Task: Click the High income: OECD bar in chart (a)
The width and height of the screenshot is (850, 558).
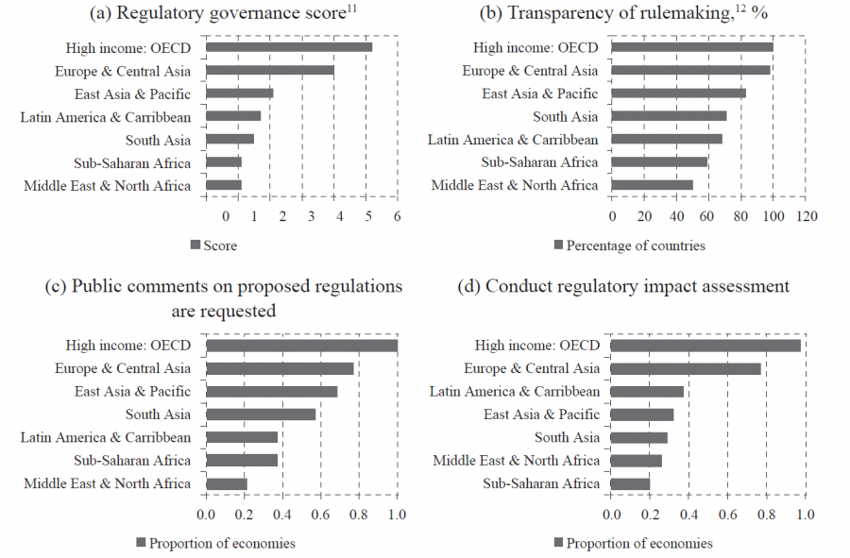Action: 288,47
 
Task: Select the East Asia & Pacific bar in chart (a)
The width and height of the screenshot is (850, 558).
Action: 239,93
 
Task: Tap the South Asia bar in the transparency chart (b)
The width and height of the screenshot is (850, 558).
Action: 669,116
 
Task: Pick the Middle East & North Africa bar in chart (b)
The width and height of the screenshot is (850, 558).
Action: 652,185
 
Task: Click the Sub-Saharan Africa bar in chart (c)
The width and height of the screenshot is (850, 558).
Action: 242,461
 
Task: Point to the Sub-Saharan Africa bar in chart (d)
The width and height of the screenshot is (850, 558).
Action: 630,484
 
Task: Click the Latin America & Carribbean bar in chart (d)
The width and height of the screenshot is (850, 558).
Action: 647,392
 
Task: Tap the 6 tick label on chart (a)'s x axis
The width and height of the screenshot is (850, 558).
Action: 398,216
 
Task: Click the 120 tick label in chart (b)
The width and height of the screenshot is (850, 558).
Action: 806,216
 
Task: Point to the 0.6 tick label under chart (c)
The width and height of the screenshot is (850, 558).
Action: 320,515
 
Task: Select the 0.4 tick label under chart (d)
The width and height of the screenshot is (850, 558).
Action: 688,515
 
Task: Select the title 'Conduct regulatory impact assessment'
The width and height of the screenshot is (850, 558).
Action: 637,286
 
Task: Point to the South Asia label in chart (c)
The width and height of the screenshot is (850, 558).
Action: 158,414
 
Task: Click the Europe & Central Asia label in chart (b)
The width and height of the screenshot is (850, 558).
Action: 530,71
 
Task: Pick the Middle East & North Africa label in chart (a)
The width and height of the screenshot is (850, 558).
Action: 107,185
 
